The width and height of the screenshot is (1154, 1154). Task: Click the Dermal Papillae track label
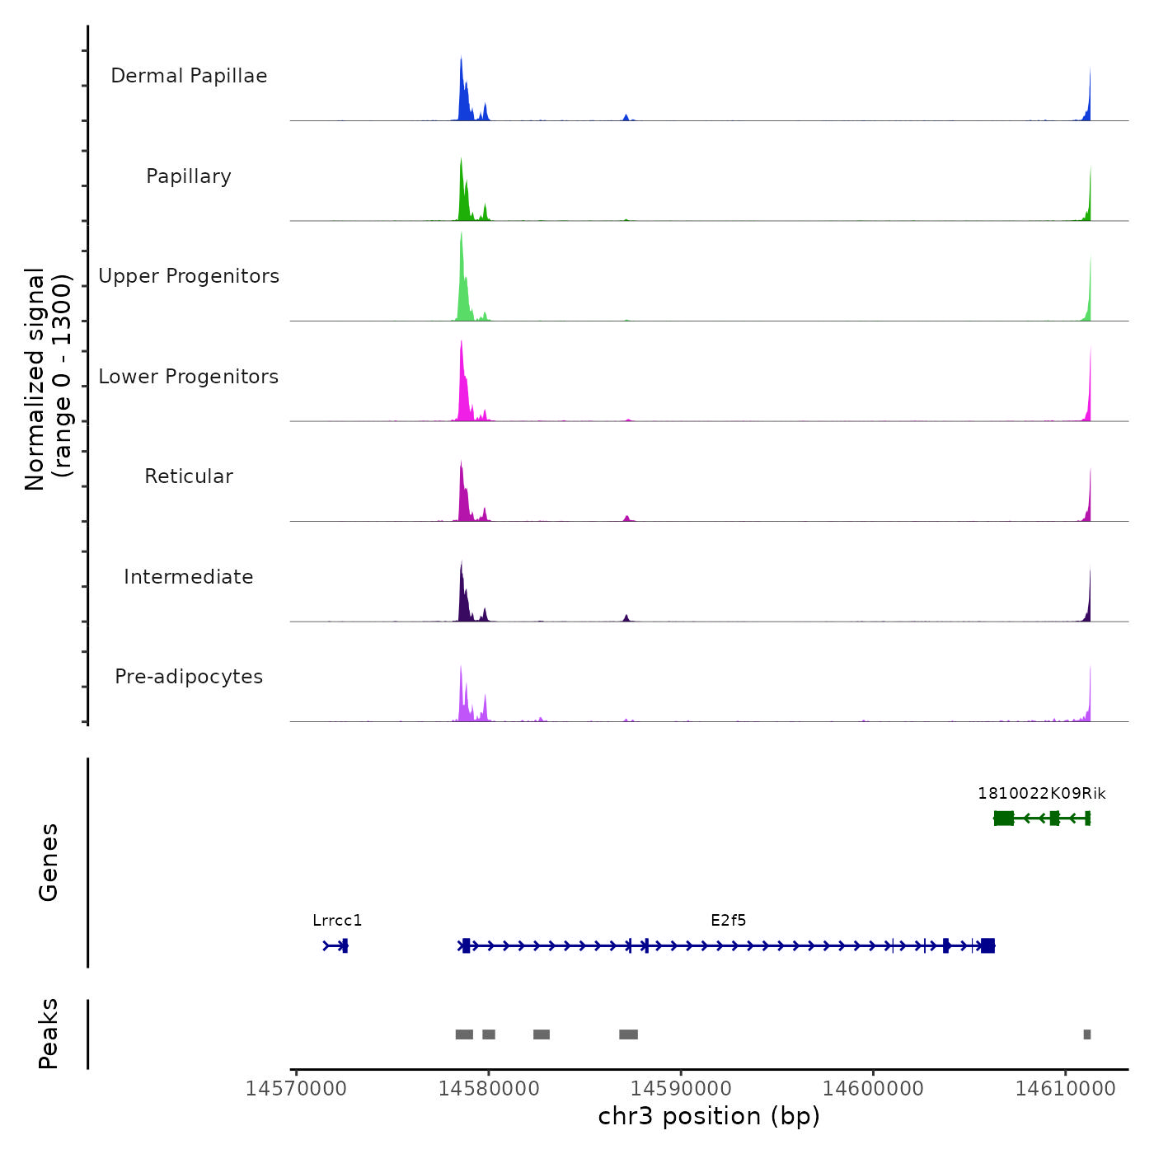pos(189,76)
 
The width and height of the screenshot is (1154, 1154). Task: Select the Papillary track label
pos(189,176)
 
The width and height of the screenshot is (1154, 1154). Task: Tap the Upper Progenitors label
pos(189,276)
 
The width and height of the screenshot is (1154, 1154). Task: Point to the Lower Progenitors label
pos(189,377)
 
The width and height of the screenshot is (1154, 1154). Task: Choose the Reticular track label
pos(189,476)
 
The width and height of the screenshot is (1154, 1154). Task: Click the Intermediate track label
pos(189,577)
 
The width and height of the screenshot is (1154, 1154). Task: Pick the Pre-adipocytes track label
pos(189,677)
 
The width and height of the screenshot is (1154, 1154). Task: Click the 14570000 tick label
pos(296,1088)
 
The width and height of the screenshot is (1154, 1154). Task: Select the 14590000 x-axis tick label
pos(681,1088)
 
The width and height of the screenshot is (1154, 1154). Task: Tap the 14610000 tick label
pos(1065,1088)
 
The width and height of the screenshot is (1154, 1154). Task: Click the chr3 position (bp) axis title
pos(709,1116)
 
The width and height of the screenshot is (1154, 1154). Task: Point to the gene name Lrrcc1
pos(337,921)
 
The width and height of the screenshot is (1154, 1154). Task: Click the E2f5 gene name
pos(729,921)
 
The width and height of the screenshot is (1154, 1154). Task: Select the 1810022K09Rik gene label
pos(1042,794)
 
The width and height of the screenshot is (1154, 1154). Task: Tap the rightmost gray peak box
pos(1087,1034)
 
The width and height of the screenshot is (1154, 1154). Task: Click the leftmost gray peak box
pos(464,1034)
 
